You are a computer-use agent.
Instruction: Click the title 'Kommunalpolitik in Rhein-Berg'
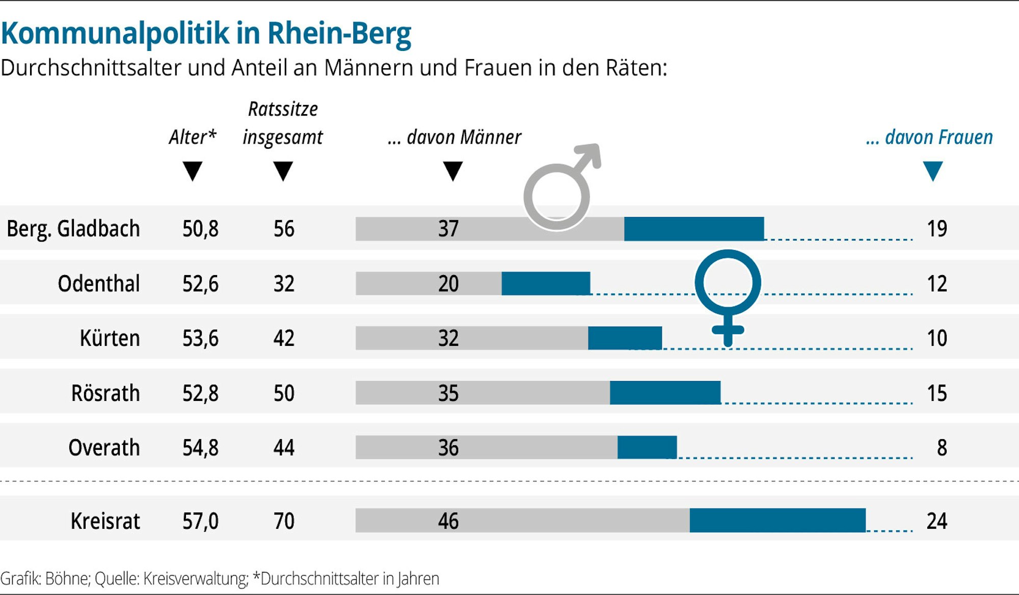pyautogui.click(x=206, y=34)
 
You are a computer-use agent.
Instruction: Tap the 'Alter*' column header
pyautogui.click(x=193, y=137)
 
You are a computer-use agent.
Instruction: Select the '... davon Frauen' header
pyautogui.click(x=929, y=137)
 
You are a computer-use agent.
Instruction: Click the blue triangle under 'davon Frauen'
pyautogui.click(x=933, y=171)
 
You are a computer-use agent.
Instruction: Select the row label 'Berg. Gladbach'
pyautogui.click(x=73, y=229)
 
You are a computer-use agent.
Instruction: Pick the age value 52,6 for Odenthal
pyautogui.click(x=200, y=284)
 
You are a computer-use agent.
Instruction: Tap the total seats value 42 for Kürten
pyautogui.click(x=284, y=338)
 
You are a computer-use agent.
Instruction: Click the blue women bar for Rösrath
pyautogui.click(x=665, y=393)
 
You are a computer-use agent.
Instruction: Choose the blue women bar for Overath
pyautogui.click(x=647, y=447)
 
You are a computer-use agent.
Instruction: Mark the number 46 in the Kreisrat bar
pyautogui.click(x=448, y=521)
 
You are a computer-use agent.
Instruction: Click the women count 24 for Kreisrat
pyautogui.click(x=937, y=521)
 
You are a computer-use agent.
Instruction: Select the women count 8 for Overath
pyautogui.click(x=942, y=448)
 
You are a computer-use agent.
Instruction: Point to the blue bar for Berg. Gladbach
pyautogui.click(x=694, y=229)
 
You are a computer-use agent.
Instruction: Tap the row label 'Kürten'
pyautogui.click(x=110, y=338)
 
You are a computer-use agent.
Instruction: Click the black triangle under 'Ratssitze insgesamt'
pyautogui.click(x=283, y=171)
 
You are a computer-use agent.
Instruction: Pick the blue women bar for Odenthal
pyautogui.click(x=546, y=284)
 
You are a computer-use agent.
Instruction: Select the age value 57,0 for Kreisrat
pyautogui.click(x=200, y=521)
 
